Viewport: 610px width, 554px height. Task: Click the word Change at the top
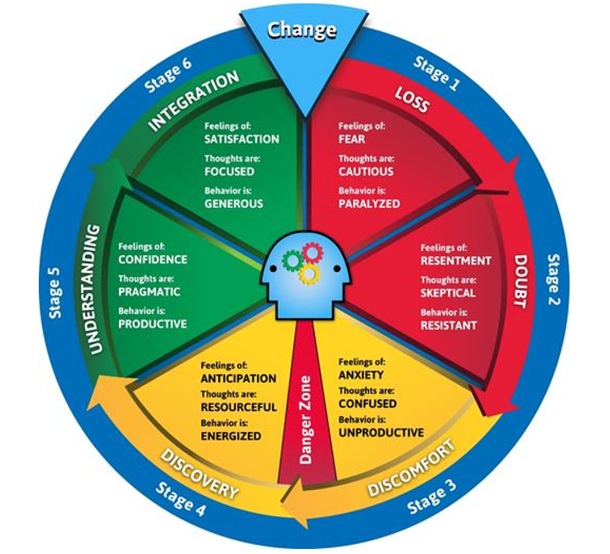(x=302, y=29)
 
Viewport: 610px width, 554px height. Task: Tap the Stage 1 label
(x=436, y=74)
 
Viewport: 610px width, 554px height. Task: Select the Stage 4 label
(x=180, y=498)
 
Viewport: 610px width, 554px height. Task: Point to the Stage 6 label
(x=168, y=76)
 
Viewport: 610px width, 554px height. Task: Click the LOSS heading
(x=412, y=99)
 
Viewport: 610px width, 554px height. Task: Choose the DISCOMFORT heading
(x=412, y=467)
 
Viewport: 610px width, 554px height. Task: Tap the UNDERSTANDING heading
(x=94, y=290)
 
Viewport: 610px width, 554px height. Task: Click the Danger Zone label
(x=306, y=420)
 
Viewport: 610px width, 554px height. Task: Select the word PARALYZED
(x=369, y=204)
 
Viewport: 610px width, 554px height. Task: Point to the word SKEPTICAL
(x=447, y=293)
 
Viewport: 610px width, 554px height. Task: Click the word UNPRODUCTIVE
(x=381, y=432)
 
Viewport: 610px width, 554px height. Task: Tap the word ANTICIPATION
(x=238, y=378)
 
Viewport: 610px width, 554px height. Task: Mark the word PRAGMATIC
(x=149, y=291)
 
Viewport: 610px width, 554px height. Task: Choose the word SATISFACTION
(x=242, y=139)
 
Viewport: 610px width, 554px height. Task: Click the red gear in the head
(x=313, y=253)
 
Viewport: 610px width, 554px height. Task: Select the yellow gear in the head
(x=309, y=274)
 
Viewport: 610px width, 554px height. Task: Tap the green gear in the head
(x=292, y=261)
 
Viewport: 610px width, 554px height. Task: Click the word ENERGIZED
(x=231, y=436)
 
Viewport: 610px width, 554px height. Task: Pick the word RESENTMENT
(x=456, y=260)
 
